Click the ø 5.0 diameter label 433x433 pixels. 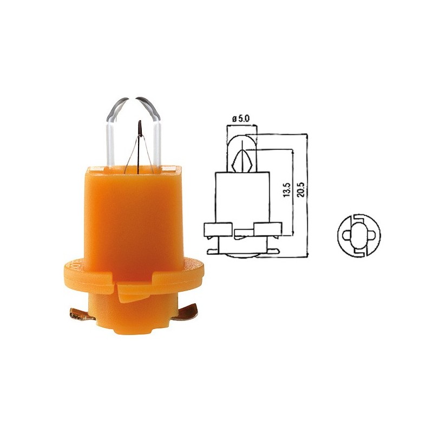point(241,119)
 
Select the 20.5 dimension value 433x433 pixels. point(301,189)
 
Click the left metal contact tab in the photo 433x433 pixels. point(82,315)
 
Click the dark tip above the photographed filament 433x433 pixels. point(140,128)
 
